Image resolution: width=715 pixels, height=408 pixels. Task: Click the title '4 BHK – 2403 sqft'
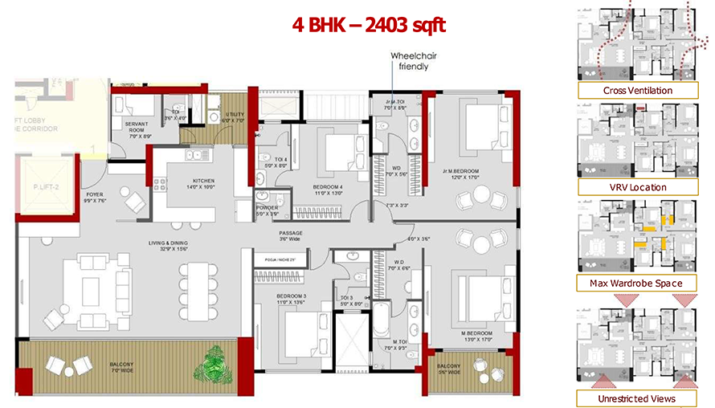(368, 25)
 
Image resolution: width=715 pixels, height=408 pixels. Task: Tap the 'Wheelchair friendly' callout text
(410, 61)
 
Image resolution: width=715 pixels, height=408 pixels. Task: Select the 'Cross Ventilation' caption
(637, 90)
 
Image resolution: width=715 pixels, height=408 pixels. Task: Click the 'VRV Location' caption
(637, 187)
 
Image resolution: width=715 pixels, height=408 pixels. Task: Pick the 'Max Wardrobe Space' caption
(637, 283)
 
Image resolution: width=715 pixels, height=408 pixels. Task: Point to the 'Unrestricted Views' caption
(637, 398)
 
